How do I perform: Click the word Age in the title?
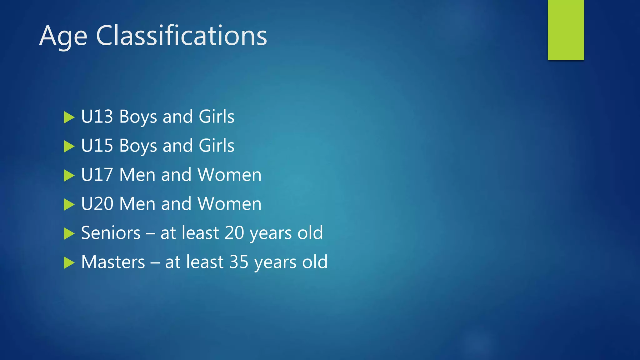coord(63,37)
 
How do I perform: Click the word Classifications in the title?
coord(181,36)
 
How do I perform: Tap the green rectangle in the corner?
coord(566,30)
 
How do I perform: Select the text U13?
coord(97,117)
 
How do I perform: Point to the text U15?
coord(97,146)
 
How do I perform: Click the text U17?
coord(97,175)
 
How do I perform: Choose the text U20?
coord(97,204)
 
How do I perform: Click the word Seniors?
coord(111,233)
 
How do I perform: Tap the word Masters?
coord(113,262)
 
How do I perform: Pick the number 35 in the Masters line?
coord(239,262)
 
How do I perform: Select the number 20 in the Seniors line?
coord(234,233)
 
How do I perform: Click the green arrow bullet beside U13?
coord(69,117)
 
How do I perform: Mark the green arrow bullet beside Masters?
coord(69,263)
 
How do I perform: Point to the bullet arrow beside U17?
coord(69,176)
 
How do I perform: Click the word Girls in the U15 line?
coord(216,146)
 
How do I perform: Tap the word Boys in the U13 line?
coord(138,117)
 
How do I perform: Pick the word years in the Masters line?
coord(275,262)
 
